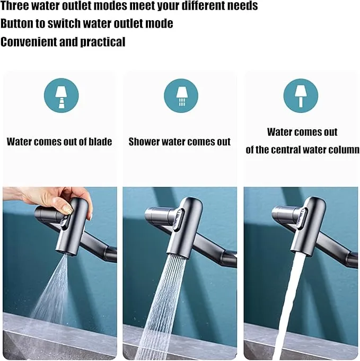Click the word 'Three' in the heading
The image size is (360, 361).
coord(14,5)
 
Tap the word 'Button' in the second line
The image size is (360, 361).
coord(16,23)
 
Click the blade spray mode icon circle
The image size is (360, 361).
coord(62,95)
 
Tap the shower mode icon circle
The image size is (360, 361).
coord(181,95)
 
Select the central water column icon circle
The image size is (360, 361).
coord(301,95)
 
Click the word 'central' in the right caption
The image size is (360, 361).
coord(285,150)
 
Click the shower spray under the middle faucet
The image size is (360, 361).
coord(161,306)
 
